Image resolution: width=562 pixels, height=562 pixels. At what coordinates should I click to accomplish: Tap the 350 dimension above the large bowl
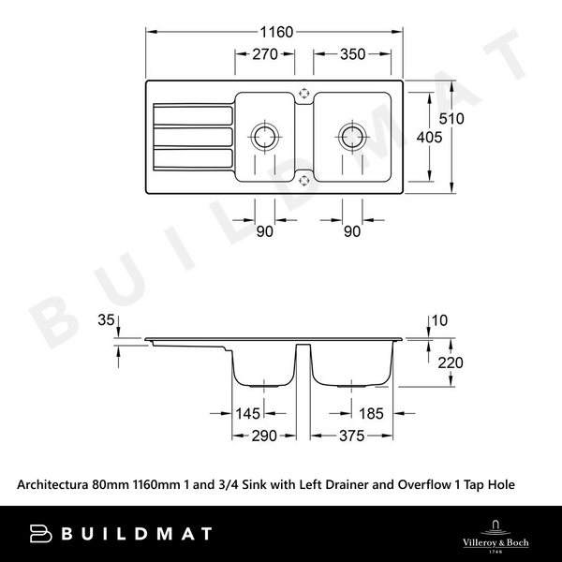[x=352, y=55]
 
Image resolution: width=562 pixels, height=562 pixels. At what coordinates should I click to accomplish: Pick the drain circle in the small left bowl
[x=264, y=136]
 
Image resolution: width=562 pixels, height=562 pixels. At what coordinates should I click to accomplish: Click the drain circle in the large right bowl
[x=352, y=136]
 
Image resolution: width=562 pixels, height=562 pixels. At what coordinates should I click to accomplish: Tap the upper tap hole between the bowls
[x=304, y=92]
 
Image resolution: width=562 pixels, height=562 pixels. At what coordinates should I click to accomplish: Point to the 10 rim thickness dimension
[x=440, y=321]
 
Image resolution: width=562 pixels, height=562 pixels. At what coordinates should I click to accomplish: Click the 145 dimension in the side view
[x=249, y=412]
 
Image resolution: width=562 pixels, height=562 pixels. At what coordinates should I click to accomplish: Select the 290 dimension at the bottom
[x=264, y=436]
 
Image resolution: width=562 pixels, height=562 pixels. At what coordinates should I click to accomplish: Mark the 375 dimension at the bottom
[x=352, y=436]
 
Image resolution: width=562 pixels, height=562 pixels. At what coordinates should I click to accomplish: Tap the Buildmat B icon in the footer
[x=40, y=534]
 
